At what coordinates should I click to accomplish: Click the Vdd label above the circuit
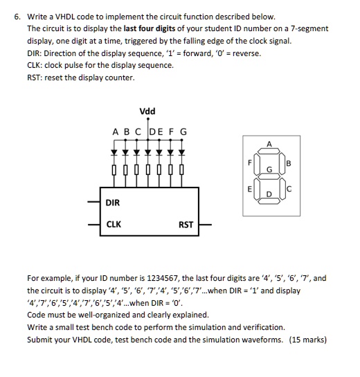coord(147,111)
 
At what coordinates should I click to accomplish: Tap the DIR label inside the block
coord(113,203)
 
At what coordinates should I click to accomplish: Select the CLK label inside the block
coord(114,224)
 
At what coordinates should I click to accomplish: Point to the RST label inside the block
coord(186,225)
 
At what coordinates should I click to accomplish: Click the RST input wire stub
coord(205,225)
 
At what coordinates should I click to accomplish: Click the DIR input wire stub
coord(94,202)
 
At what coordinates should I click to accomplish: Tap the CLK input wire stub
coord(94,225)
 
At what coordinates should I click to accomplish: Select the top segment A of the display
coord(269,151)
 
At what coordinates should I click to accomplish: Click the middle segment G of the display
coord(269,176)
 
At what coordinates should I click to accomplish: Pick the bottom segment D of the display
coord(269,201)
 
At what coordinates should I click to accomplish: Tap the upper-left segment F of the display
coord(257,163)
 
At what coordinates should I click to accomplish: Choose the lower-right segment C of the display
coord(282,189)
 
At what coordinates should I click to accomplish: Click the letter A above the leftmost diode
coord(116,132)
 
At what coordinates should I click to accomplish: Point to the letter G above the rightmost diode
coord(183,131)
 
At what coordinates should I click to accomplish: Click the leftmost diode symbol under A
coord(114,152)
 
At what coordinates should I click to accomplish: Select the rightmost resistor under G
coord(181,169)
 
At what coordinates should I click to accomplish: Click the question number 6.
coord(17,17)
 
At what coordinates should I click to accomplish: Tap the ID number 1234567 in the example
coord(163,278)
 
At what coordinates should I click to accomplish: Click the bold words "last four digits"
coord(150,28)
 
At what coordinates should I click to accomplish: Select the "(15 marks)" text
coord(308,340)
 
